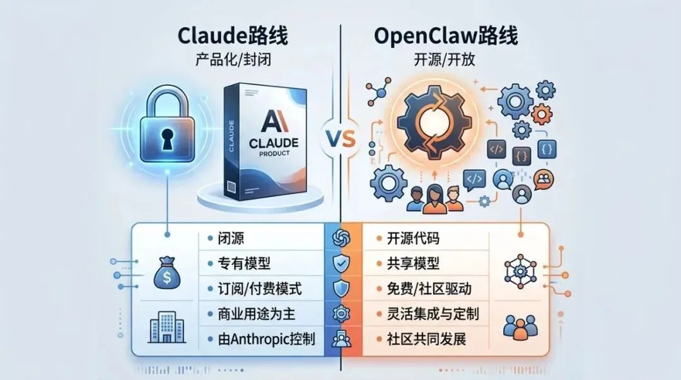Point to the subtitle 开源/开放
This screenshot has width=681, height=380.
[446, 63]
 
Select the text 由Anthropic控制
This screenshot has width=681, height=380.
[265, 339]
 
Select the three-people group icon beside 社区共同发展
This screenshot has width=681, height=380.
[520, 327]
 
